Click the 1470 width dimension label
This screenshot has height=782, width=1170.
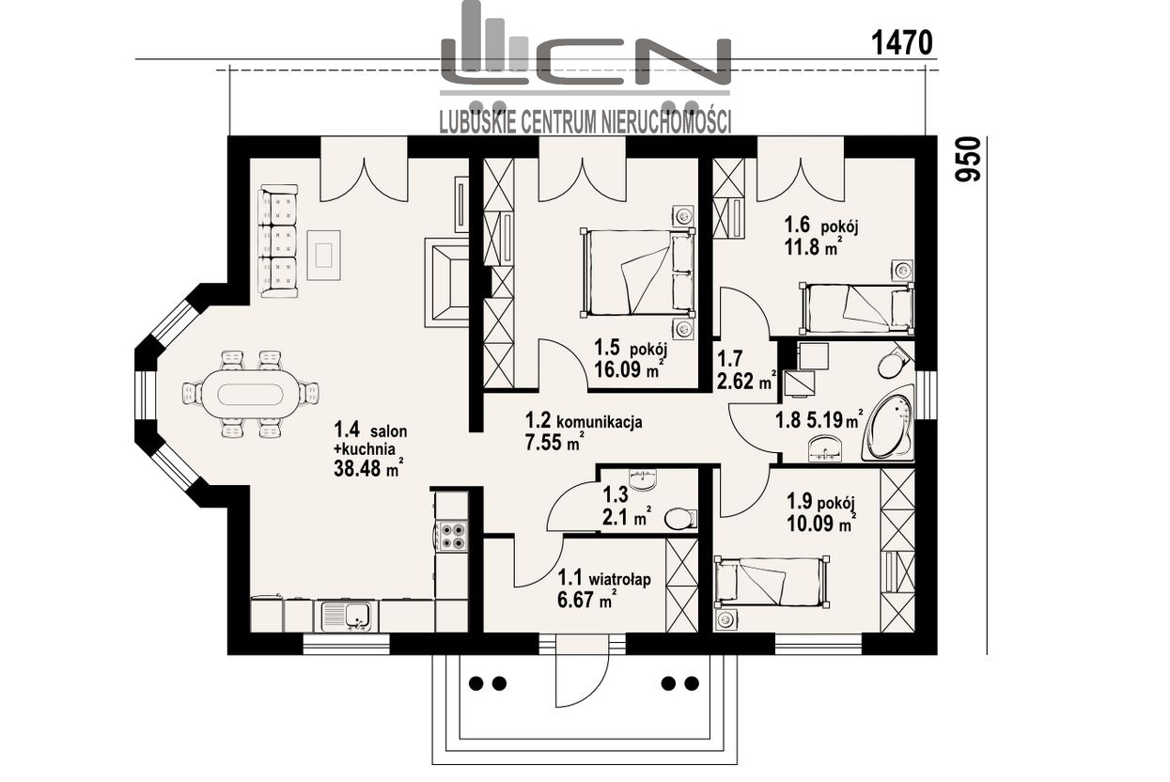(901, 42)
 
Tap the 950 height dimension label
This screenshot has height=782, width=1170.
(968, 160)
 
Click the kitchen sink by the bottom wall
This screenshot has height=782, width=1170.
(346, 617)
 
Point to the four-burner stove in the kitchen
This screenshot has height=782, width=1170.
(452, 536)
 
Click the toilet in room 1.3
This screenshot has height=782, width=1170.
(680, 519)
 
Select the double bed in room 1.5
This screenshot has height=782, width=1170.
(637, 274)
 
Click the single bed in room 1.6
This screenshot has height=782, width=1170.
(857, 308)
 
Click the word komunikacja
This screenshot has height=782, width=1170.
(600, 422)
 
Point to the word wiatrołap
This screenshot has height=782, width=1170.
(620, 580)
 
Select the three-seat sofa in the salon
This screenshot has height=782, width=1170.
(278, 241)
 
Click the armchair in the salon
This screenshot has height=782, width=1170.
(446, 283)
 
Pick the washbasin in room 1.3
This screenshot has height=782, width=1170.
(643, 477)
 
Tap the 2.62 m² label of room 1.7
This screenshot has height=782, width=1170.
(747, 382)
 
